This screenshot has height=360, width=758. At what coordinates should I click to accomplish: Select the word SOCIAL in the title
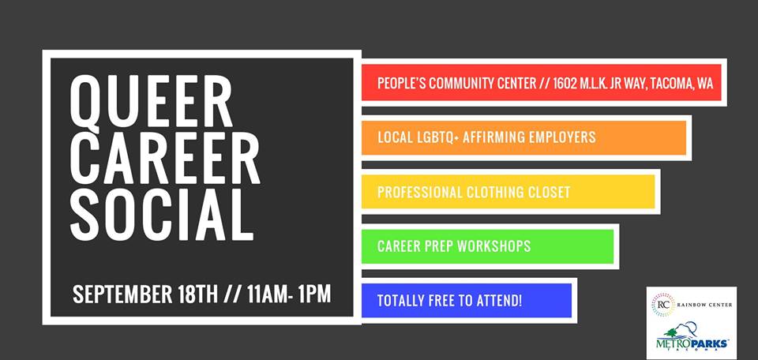point(162,214)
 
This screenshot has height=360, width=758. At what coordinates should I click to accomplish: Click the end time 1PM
point(315,294)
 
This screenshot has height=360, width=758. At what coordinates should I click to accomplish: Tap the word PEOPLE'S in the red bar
point(402,83)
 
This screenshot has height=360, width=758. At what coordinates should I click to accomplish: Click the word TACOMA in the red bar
point(670,83)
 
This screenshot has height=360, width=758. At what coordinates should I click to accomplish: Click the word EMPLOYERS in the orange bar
point(565,137)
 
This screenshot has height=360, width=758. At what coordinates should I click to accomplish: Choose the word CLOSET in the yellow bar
point(549,192)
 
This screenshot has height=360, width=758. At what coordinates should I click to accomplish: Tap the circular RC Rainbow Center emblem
point(662,305)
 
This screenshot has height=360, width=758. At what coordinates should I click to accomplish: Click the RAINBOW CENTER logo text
point(704,305)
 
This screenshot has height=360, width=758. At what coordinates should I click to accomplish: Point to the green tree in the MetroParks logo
point(672,333)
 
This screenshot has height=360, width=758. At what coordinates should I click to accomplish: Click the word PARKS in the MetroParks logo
point(709,343)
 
